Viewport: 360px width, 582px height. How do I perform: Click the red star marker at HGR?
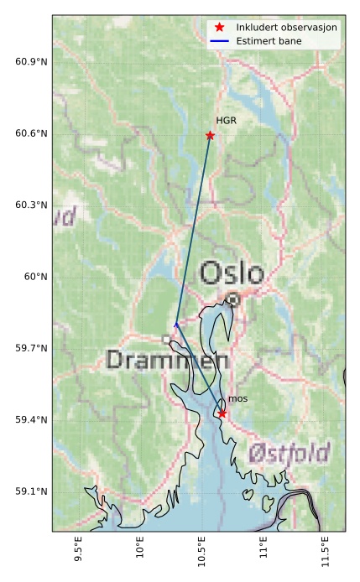pos(210,135)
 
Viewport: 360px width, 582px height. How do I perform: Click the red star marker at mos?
pos(222,413)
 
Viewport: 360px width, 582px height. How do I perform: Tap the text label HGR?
pos(226,121)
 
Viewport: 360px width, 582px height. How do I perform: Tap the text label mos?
pos(237,399)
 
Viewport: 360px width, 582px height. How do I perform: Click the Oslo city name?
pos(232,273)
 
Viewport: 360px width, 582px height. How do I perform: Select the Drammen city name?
pos(168,361)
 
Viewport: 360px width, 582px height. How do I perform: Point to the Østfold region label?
pos(290,454)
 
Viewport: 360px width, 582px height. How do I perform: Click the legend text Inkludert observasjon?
pos(286,27)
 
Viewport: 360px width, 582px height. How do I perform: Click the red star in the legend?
pos(220,27)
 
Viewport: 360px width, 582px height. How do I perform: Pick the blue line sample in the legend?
pos(220,40)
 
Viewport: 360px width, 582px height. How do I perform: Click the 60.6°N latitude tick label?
pos(31,134)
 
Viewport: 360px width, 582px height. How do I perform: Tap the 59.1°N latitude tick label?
pos(31,491)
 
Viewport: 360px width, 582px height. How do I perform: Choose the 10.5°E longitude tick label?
pos(201,557)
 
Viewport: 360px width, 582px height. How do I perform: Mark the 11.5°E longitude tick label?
pos(323,557)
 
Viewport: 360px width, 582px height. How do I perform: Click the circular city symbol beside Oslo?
pos(232,299)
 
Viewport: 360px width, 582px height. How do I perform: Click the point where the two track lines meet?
pos(175,324)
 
